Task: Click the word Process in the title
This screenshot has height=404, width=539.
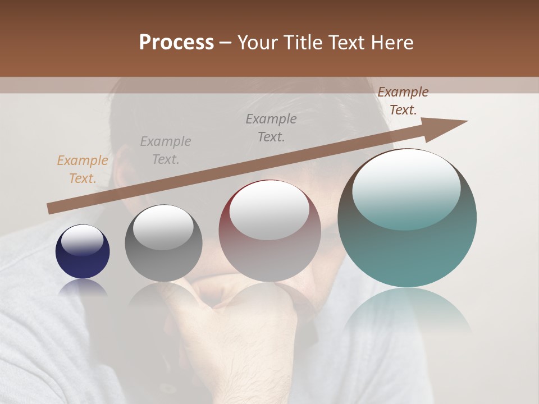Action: [x=176, y=43]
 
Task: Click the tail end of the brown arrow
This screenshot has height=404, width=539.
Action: [x=49, y=209]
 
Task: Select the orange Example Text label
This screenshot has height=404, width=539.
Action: [x=83, y=169]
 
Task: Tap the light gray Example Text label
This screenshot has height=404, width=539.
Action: [x=166, y=150]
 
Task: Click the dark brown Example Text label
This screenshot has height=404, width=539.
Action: [x=403, y=101]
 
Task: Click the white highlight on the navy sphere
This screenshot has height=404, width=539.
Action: [x=83, y=240]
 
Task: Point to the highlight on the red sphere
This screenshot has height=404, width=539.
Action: [x=269, y=210]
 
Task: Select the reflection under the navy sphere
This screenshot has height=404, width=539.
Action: [x=83, y=287]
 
